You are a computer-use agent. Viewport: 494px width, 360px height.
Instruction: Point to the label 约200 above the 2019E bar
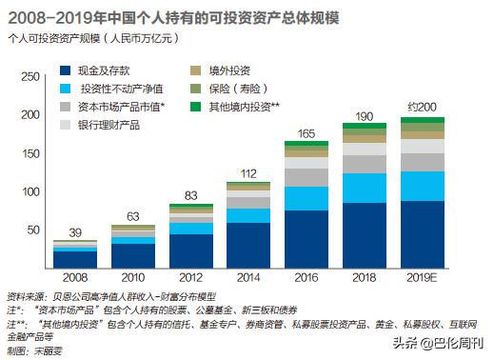(423, 108)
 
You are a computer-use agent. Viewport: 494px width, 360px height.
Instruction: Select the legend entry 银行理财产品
(105, 125)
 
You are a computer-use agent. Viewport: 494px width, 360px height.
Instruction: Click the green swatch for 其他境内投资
(195, 107)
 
